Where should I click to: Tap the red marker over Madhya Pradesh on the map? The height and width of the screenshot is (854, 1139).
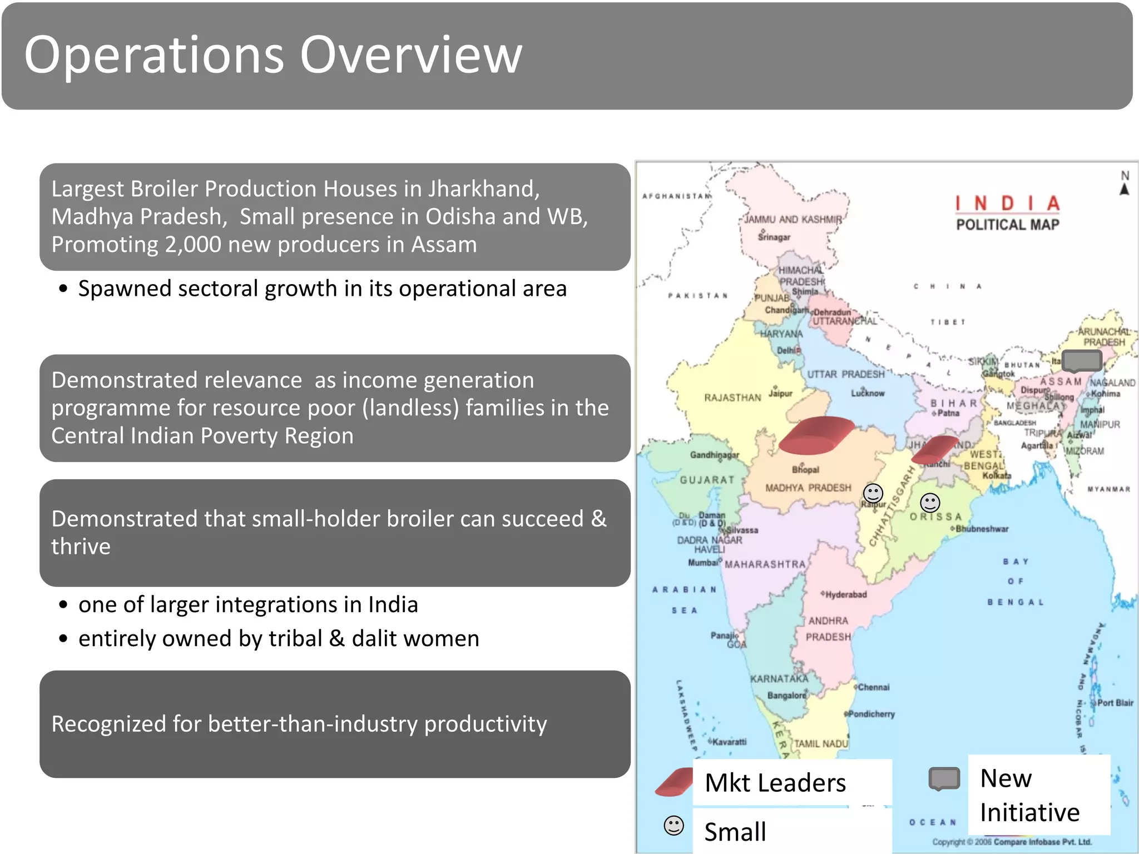(816, 435)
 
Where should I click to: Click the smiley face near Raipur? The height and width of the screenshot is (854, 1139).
(873, 493)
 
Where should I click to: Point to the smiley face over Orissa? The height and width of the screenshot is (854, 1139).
(930, 503)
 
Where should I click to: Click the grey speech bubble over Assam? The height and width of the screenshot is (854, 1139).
(1082, 360)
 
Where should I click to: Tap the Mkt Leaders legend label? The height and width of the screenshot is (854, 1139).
(775, 783)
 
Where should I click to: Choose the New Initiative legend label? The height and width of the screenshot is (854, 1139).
(1029, 795)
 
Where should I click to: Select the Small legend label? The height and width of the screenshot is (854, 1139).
(735, 832)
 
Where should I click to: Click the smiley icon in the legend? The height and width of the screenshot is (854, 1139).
(674, 826)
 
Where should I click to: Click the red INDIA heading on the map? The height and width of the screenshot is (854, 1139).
(1007, 203)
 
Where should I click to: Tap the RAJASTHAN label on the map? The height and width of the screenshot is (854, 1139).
(732, 398)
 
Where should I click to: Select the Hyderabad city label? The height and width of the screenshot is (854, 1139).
(845, 594)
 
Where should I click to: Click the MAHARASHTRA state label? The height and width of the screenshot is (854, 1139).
(765, 564)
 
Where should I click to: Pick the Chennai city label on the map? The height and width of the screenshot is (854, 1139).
(873, 687)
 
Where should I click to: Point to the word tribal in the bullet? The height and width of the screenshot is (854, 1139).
(295, 638)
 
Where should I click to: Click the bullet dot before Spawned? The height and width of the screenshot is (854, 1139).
(63, 289)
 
